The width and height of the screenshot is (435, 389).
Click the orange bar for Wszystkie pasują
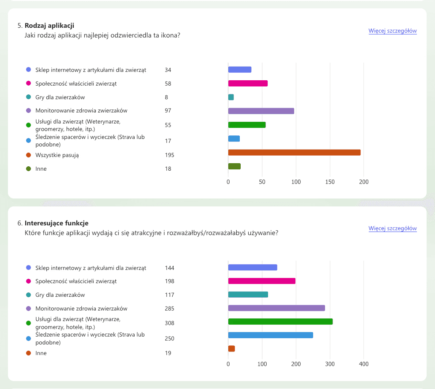coord(295,153)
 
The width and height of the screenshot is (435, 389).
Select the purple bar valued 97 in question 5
coord(261,111)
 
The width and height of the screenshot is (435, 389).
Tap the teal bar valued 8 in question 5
coord(231,97)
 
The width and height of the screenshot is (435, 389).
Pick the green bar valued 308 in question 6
coord(280,322)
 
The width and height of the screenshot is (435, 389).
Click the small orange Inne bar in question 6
coord(231,348)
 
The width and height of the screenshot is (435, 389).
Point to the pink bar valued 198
coord(261,281)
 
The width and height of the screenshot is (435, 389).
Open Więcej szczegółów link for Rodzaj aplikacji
coord(393,31)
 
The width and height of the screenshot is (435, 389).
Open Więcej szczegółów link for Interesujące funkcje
coord(393,228)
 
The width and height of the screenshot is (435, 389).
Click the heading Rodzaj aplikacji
coord(49,26)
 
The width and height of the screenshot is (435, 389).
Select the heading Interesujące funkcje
coord(57,223)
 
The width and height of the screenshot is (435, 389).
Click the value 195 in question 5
coord(170,155)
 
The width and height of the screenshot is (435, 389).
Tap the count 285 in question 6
coord(170,308)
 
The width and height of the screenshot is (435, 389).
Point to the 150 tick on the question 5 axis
coord(330,182)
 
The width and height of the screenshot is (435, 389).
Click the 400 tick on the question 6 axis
coord(364,364)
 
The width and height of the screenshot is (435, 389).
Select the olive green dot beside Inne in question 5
coord(28,168)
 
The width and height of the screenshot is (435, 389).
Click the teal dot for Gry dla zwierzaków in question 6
coord(28,295)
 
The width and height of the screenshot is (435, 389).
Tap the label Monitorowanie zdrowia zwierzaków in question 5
coord(81,111)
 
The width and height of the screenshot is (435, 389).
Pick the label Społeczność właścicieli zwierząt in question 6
coord(76,281)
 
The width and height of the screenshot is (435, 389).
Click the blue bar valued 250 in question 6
coord(270,335)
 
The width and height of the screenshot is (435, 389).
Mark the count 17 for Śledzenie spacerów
coord(168,141)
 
